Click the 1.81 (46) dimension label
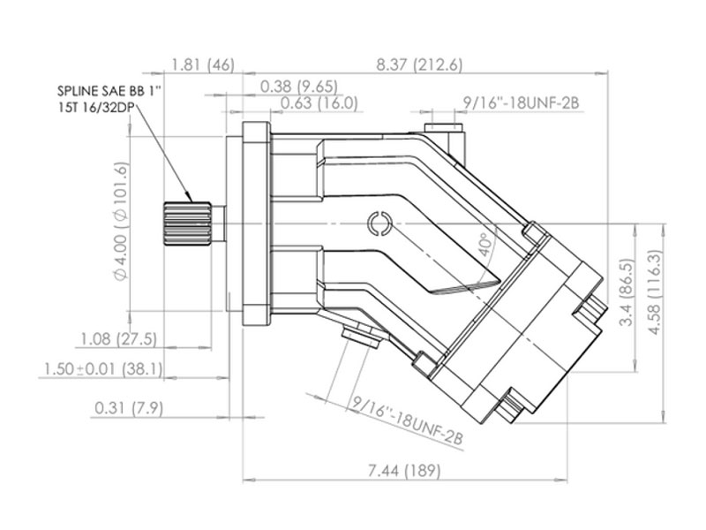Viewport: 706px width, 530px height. [x=203, y=65]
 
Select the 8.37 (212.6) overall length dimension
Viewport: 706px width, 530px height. [x=419, y=65]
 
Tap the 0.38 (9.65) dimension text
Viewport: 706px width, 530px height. [x=299, y=86]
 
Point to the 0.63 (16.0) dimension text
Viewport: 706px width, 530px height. [x=319, y=103]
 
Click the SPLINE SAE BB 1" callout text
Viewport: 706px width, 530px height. [x=109, y=91]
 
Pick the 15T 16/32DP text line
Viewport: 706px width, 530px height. [x=96, y=108]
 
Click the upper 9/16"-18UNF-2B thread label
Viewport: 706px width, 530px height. [x=521, y=103]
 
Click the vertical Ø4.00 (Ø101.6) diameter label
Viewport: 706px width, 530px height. [x=121, y=222]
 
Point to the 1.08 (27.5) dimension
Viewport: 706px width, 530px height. [x=118, y=339]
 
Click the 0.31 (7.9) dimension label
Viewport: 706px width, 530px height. [x=129, y=409]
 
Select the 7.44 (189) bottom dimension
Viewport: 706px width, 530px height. [x=404, y=472]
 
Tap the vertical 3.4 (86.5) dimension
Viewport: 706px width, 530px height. [x=627, y=291]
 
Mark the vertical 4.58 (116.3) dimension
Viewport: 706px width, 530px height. [x=655, y=292]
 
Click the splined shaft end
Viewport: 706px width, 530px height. [x=187, y=223]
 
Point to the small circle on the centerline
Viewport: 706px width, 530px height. [x=379, y=223]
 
